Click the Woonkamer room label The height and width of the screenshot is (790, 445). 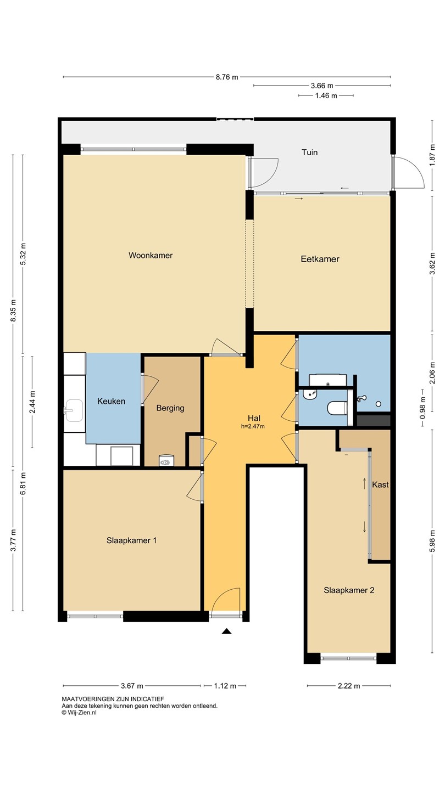coord(151,255)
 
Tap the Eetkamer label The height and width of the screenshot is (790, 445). coord(320,259)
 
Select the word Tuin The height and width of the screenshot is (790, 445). coord(309,153)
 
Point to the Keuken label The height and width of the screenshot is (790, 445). coord(111,401)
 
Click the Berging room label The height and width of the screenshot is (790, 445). coord(170,408)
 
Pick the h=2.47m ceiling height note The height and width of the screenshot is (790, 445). coord(253,426)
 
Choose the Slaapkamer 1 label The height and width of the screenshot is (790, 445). coord(131,540)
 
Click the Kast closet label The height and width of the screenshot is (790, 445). coord(380,484)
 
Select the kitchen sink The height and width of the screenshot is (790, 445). coord(74,410)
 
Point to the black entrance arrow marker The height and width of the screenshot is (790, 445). coord(226,631)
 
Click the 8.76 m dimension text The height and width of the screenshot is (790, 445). coord(227,77)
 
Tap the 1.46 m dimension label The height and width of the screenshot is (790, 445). coord(326,95)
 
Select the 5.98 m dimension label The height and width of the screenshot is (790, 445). coord(432,541)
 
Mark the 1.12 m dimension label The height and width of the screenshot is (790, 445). coord(225,686)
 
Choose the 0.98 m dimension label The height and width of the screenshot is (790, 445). coord(422,408)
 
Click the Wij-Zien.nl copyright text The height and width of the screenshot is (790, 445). coord(79,713)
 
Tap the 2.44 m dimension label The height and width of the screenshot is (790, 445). coord(32,403)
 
